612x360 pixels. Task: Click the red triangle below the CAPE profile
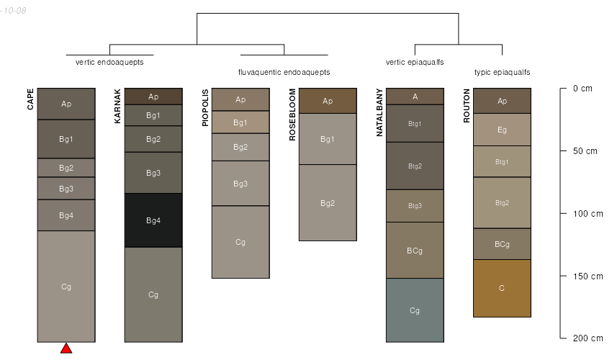pyautogui.click(x=66, y=349)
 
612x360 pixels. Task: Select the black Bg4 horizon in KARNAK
pyautogui.click(x=153, y=220)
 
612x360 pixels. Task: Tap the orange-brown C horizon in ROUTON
pyautogui.click(x=502, y=288)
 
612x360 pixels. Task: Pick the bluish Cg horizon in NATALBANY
pyautogui.click(x=415, y=310)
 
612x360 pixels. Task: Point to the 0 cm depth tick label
pyautogui.click(x=582, y=89)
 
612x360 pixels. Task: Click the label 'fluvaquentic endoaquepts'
pyautogui.click(x=284, y=73)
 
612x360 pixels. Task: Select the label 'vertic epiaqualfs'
pyautogui.click(x=415, y=62)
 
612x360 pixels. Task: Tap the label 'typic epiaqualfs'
pyautogui.click(x=502, y=73)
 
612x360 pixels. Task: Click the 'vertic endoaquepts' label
pyautogui.click(x=109, y=62)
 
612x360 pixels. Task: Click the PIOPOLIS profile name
pyautogui.click(x=206, y=108)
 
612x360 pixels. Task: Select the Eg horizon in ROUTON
pyautogui.click(x=502, y=130)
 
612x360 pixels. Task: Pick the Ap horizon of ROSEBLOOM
pyautogui.click(x=328, y=101)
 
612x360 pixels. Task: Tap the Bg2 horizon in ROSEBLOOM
pyautogui.click(x=328, y=203)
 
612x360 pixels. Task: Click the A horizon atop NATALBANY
pyautogui.click(x=415, y=96)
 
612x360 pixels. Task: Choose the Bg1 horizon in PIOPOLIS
pyautogui.click(x=240, y=122)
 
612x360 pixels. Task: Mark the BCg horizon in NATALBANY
pyautogui.click(x=415, y=251)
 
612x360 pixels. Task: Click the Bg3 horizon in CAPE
pyautogui.click(x=66, y=189)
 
